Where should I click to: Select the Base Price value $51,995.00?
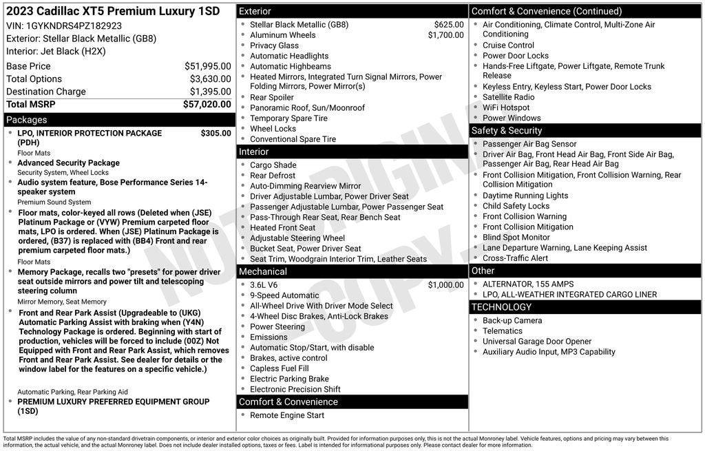(x=207, y=66)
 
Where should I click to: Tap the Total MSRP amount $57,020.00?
(x=207, y=104)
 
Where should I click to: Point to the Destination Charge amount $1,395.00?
(x=210, y=92)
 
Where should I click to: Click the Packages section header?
(x=27, y=120)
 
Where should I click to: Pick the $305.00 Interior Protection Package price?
(x=215, y=133)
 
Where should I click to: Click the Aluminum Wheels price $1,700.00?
(x=445, y=35)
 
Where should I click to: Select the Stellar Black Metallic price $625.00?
(x=448, y=25)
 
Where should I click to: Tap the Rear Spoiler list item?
(x=271, y=98)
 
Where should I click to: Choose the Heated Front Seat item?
(x=282, y=228)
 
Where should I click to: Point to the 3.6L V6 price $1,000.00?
(x=445, y=285)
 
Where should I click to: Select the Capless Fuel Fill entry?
(x=279, y=368)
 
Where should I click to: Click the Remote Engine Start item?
(x=286, y=415)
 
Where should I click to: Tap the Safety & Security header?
(x=506, y=131)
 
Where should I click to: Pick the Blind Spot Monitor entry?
(x=516, y=238)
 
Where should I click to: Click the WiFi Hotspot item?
(x=506, y=107)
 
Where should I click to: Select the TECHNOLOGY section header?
(x=501, y=307)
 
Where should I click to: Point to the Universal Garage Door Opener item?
(x=536, y=342)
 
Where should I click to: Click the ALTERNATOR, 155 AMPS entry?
(x=527, y=284)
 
